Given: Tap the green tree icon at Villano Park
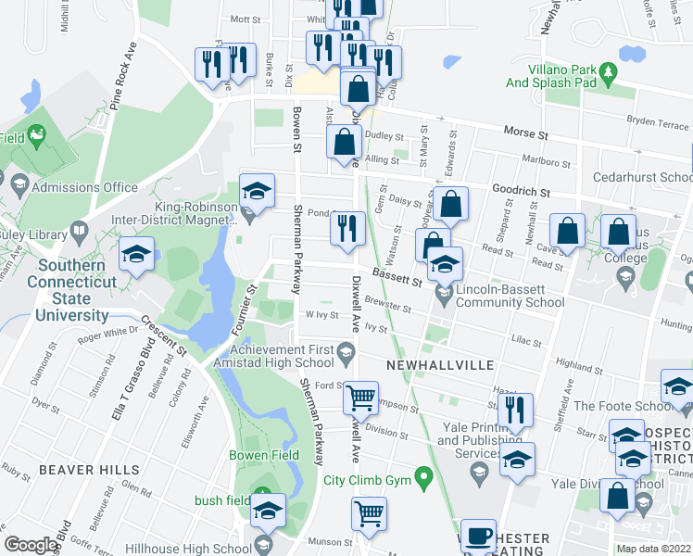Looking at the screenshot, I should (x=608, y=70).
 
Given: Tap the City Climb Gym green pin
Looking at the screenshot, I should (x=425, y=479).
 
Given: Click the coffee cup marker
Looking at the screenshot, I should (x=478, y=536).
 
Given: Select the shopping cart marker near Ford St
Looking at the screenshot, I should (x=359, y=398).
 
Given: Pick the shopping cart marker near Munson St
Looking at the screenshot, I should (x=369, y=513).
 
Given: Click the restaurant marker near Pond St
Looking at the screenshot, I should (x=347, y=227).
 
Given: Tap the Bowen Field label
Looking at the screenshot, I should (x=264, y=455).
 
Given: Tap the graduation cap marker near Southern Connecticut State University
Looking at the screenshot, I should (x=136, y=254).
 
